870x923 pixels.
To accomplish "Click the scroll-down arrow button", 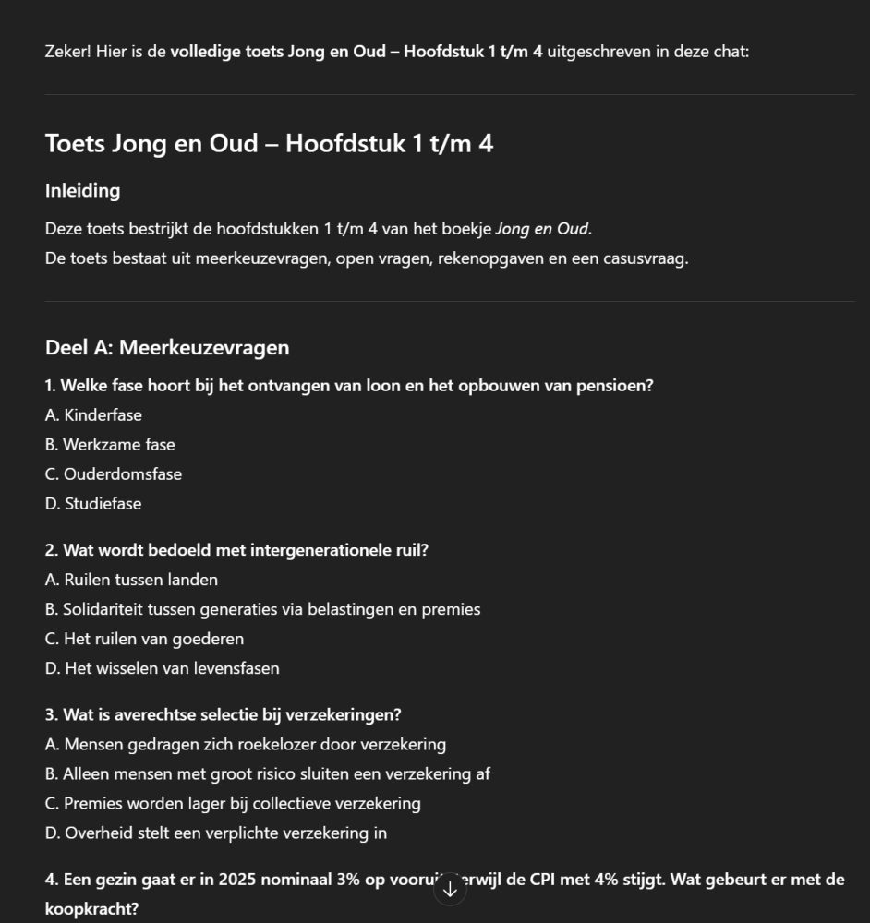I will coord(450,890).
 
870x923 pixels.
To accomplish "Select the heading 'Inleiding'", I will coord(82,191).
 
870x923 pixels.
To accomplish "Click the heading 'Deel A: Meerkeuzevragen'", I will coord(166,348).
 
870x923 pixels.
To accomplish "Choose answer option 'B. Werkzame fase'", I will coord(110,445).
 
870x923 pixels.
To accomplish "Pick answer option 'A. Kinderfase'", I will coord(93,415).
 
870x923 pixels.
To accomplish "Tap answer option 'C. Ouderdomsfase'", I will coord(114,474).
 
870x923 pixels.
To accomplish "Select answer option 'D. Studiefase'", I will coord(93,504).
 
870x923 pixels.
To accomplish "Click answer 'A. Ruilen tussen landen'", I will coord(131,580).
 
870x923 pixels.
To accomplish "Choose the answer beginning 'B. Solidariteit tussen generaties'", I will coord(262,609).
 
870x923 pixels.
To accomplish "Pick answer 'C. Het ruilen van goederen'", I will coord(144,639).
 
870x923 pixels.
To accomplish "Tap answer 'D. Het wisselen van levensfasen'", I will coord(162,668).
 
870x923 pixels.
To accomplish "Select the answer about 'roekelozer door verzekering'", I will coord(245,744).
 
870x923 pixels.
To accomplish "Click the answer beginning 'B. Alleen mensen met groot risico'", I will coord(267,773).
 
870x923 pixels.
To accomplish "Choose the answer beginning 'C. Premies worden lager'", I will coord(233,803).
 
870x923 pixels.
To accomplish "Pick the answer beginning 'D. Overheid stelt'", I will coord(215,833).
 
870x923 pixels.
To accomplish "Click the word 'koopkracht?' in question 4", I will coord(91,909).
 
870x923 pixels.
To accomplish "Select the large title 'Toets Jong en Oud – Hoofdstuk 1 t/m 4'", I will coord(269,144).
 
